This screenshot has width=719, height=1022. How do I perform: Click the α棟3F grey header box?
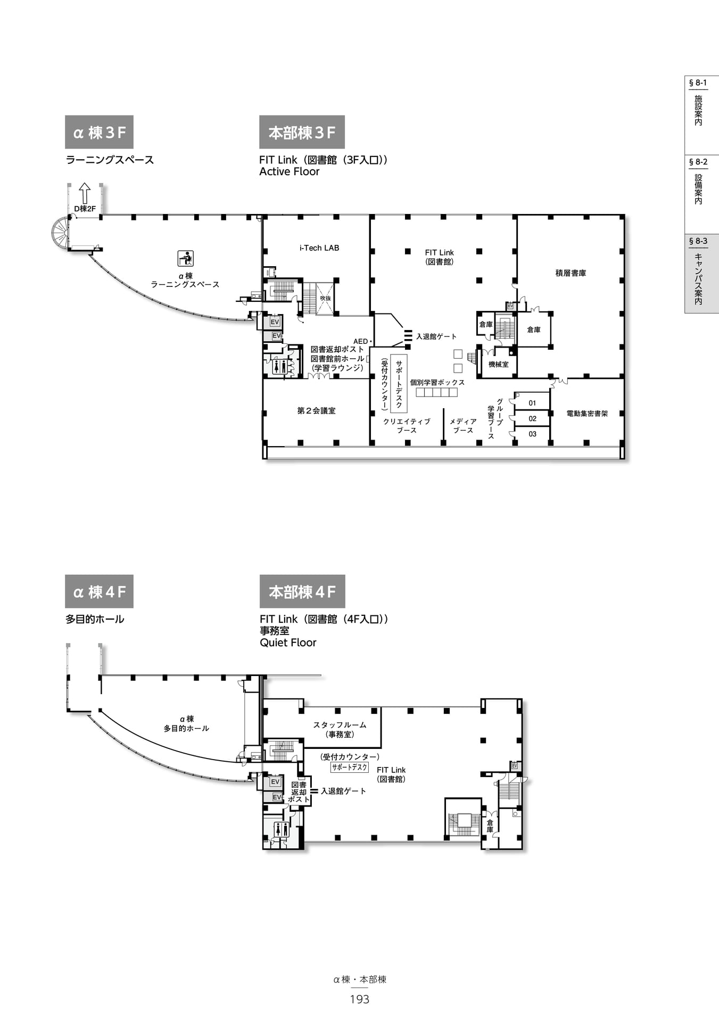click(x=99, y=132)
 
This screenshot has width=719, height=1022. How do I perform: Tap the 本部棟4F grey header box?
click(x=302, y=591)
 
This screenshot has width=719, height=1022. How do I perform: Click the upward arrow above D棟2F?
click(x=85, y=193)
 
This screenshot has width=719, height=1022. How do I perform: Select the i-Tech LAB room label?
click(x=319, y=248)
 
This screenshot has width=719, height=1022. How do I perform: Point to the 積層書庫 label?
click(x=571, y=273)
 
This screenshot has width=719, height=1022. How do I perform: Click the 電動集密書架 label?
click(x=587, y=414)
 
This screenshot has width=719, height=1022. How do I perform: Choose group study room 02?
click(x=533, y=419)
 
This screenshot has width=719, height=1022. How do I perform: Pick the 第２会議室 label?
click(x=316, y=411)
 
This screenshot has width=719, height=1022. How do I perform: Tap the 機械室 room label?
click(x=499, y=365)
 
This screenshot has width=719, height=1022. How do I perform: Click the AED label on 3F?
click(x=361, y=342)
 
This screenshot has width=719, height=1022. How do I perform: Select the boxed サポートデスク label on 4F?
click(x=350, y=768)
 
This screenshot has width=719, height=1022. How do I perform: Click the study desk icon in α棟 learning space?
click(x=185, y=259)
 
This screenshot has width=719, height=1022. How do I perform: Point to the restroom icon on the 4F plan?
click(x=281, y=829)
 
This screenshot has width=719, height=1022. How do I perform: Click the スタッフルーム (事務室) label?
click(x=340, y=730)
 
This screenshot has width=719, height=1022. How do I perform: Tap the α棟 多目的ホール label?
click(x=186, y=724)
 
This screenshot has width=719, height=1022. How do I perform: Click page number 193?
click(x=360, y=1000)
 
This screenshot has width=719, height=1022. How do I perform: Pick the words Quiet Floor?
click(x=288, y=643)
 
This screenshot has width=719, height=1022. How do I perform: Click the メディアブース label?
click(x=463, y=426)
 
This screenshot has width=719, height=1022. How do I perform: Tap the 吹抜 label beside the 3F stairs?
click(x=326, y=299)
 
